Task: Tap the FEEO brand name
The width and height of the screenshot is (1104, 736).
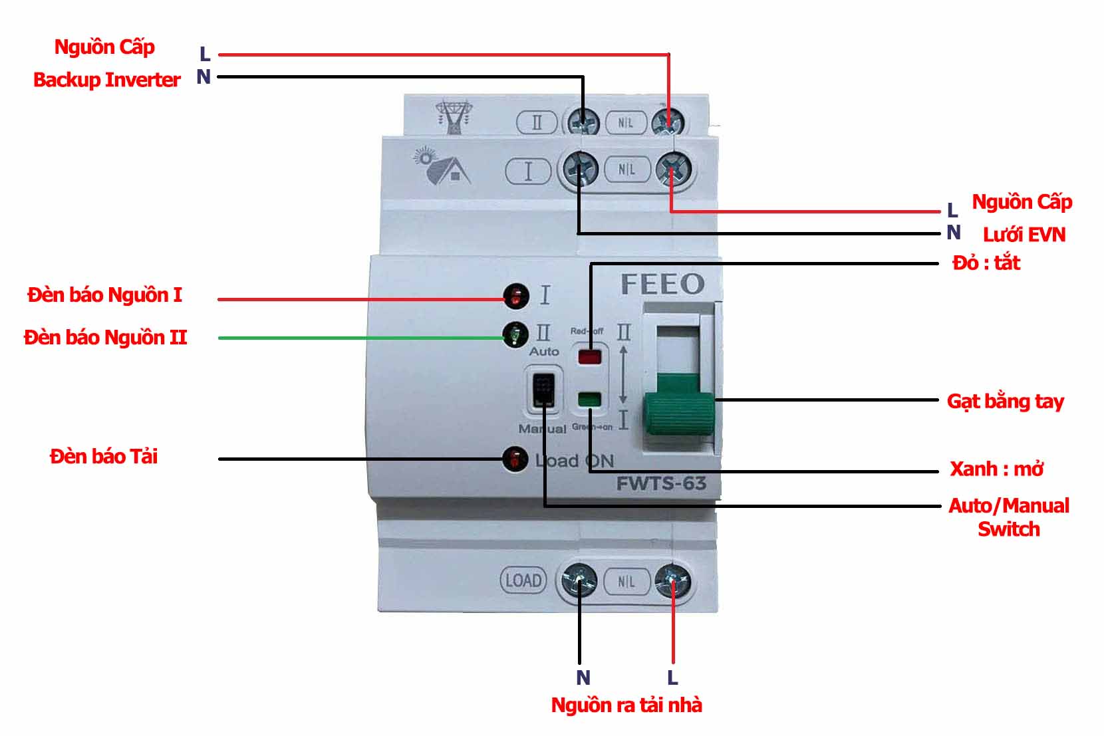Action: (x=662, y=285)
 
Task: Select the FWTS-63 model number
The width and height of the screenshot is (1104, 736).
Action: (x=661, y=483)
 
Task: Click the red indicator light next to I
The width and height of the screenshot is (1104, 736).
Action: (x=516, y=296)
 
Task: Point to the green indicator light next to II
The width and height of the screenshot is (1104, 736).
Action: (x=515, y=334)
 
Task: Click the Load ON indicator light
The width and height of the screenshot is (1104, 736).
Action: (x=515, y=459)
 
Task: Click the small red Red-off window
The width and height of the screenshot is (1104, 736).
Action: (x=589, y=357)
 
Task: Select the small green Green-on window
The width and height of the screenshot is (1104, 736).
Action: (x=589, y=400)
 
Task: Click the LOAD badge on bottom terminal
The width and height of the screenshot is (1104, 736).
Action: (x=523, y=580)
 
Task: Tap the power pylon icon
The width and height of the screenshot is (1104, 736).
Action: (x=455, y=117)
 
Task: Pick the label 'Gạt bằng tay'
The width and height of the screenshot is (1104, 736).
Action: (x=1005, y=402)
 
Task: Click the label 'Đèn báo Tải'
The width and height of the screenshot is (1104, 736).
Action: (x=104, y=457)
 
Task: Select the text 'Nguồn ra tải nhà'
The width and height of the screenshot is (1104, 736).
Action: (x=626, y=705)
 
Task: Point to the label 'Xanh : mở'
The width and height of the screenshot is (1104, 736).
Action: (x=996, y=469)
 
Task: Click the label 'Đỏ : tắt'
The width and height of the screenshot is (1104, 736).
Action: (x=986, y=263)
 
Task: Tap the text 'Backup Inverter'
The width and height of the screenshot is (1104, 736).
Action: (x=107, y=80)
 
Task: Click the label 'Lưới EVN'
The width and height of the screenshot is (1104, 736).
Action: (x=1024, y=235)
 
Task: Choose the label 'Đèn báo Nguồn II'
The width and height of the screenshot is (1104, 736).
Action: (x=106, y=338)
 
